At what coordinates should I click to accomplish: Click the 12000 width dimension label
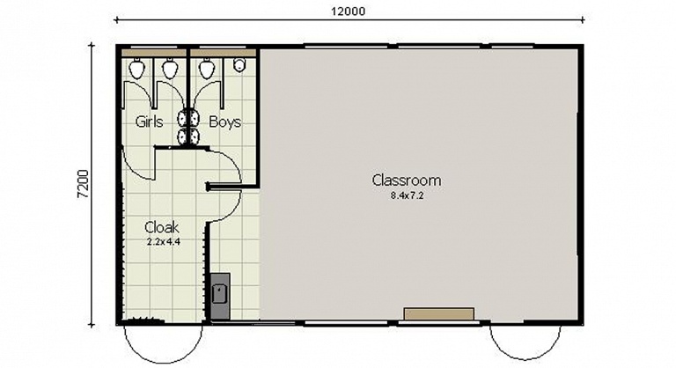point(348,11)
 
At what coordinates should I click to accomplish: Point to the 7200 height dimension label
point(84,184)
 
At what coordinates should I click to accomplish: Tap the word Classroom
point(407,180)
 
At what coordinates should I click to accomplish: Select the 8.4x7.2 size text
point(407,195)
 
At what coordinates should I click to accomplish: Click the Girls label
point(149,121)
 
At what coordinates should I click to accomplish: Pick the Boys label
point(224,121)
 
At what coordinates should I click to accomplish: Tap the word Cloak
point(162,227)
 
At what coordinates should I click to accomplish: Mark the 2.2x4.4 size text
point(164,242)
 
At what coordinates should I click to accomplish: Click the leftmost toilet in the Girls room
point(136,69)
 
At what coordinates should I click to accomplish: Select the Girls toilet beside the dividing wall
point(169,69)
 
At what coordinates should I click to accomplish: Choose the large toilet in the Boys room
point(207,69)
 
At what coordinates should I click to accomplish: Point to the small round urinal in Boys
point(239,65)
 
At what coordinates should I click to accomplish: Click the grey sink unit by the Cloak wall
point(220,296)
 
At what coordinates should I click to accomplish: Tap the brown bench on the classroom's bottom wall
point(439,314)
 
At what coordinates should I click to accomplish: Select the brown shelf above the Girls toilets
point(153,53)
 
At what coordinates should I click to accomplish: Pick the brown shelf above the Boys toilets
point(224,53)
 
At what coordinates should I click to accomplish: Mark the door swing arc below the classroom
point(525,357)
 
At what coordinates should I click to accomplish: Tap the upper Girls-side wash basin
point(183,118)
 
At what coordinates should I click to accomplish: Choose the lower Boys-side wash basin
point(195,136)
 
